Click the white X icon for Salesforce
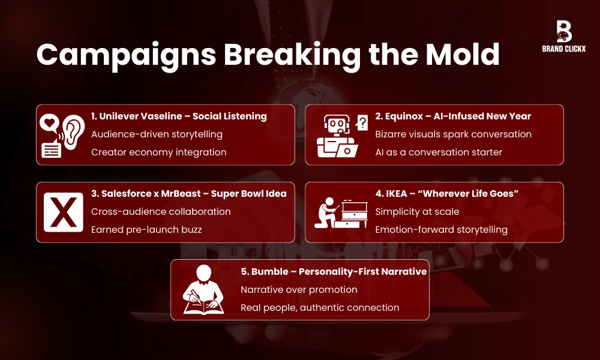point(64,212)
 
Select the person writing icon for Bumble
point(203,289)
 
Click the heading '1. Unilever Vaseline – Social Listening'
point(179,116)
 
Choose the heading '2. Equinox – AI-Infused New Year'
point(453,116)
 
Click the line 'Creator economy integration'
point(158,152)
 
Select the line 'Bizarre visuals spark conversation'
point(453,134)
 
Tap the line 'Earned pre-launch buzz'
point(146,230)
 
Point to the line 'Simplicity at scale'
point(418,212)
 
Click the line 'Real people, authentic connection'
point(320,307)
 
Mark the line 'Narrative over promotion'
point(299,290)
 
